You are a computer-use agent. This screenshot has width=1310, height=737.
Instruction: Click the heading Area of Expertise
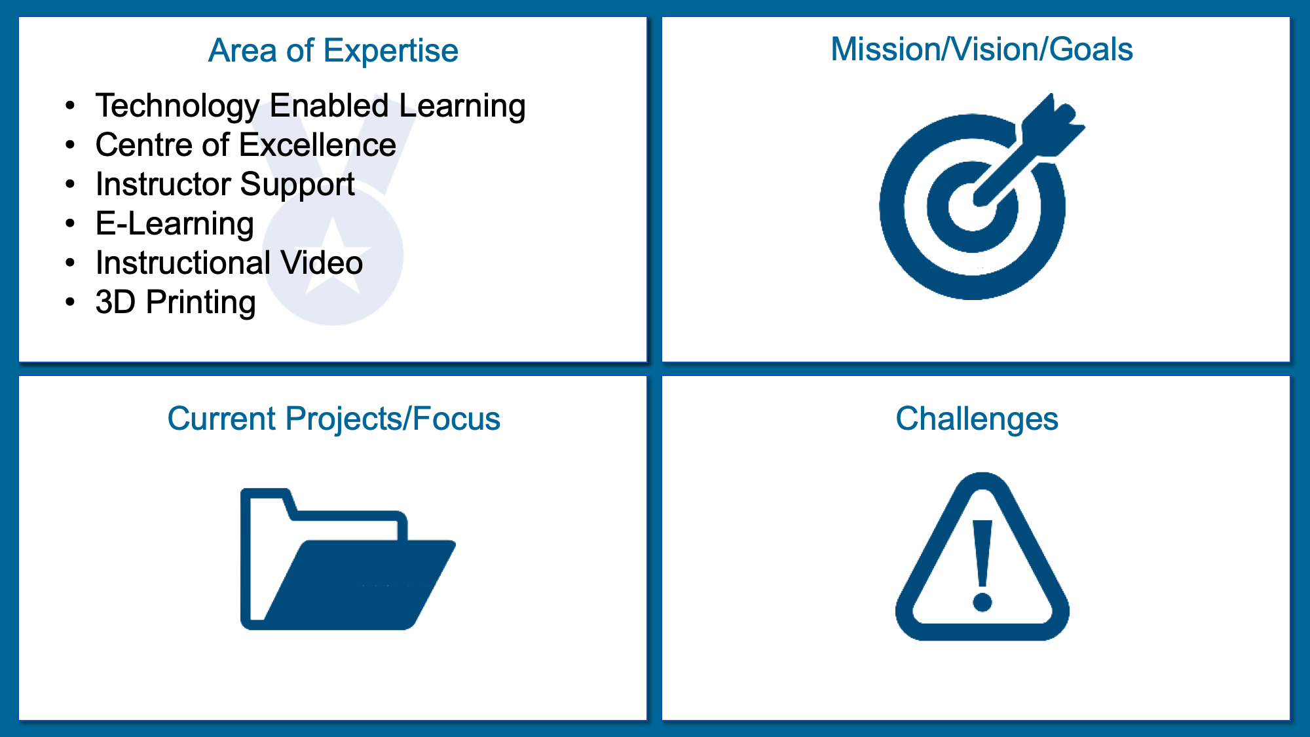tap(333, 51)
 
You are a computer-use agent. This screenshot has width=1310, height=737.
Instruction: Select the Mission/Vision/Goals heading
tap(981, 49)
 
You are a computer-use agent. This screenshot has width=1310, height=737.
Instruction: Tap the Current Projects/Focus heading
tap(333, 419)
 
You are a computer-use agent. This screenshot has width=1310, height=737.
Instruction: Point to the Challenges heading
tap(977, 419)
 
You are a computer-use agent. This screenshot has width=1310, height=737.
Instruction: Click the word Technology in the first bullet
tap(178, 106)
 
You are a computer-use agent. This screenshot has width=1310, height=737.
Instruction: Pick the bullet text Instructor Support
tap(225, 185)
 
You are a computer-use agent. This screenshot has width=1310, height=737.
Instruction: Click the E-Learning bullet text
tap(174, 224)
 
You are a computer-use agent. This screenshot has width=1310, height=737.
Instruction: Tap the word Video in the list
tap(322, 263)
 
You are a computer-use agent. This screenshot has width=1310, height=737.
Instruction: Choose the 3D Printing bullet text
tap(176, 303)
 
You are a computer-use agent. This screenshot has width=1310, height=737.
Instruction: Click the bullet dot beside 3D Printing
tap(71, 302)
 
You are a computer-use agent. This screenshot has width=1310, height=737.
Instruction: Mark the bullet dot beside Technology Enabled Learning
tap(71, 105)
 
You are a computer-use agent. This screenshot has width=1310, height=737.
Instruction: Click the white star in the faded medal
tap(333, 255)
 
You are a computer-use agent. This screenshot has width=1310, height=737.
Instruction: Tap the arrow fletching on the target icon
tap(1053, 125)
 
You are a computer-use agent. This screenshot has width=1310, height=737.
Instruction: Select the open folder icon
tap(348, 559)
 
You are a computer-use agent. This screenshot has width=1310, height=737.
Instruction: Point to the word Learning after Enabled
tap(462, 106)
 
